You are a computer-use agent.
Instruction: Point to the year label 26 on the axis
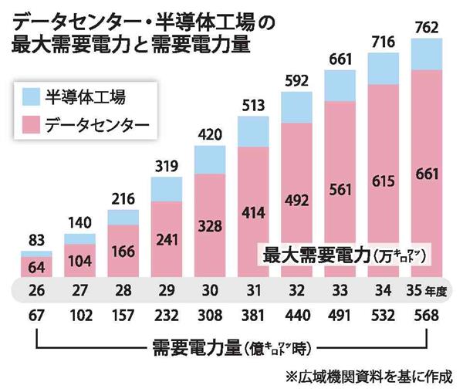[36, 290]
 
